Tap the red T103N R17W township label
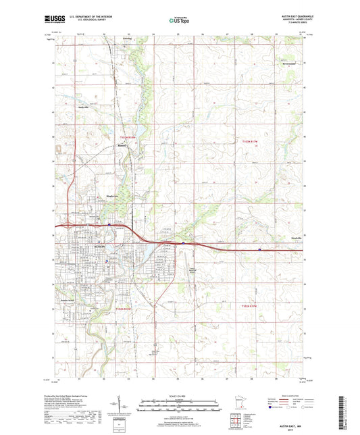coord(251,140)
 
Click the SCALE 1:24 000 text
coord(179,395)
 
